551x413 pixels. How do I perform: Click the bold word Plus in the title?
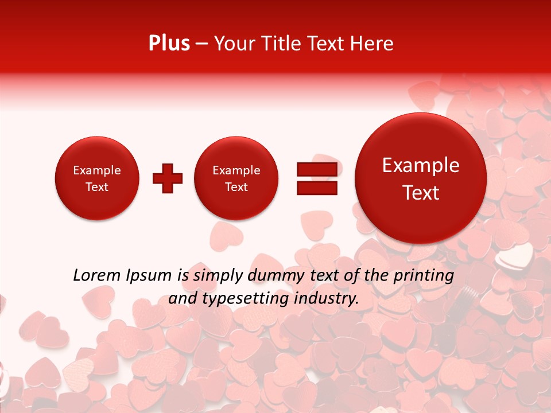169,44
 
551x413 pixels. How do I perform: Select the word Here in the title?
373,44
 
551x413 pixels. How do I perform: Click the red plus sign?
168,178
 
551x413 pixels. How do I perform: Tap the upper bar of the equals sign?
317,169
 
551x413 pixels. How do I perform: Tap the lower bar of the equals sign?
317,188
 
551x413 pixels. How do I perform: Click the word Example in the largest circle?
421,165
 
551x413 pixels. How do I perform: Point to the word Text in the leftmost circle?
97,187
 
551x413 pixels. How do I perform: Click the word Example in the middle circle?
236,170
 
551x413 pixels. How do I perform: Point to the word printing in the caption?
423,276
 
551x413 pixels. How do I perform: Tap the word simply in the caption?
216,276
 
